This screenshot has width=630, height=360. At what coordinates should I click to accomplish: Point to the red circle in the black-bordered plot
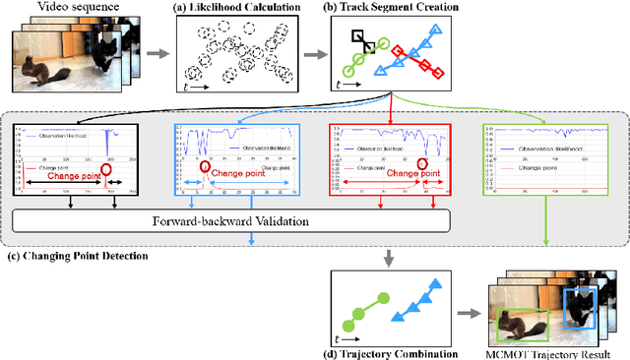[108, 170]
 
